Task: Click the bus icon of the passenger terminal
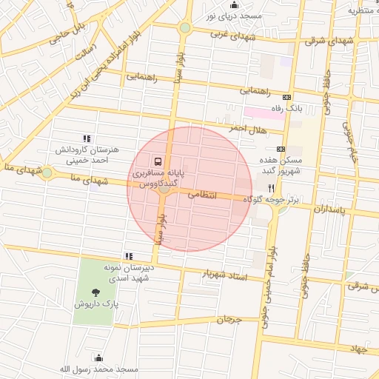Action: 156,161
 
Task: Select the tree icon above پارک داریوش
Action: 94,292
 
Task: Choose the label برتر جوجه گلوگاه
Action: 273,201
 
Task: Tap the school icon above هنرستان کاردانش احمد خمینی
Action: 87,138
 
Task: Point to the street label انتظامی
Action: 201,195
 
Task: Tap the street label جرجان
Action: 229,320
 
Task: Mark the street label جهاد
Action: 359,348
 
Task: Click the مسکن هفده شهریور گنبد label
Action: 282,165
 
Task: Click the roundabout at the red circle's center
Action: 164,189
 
